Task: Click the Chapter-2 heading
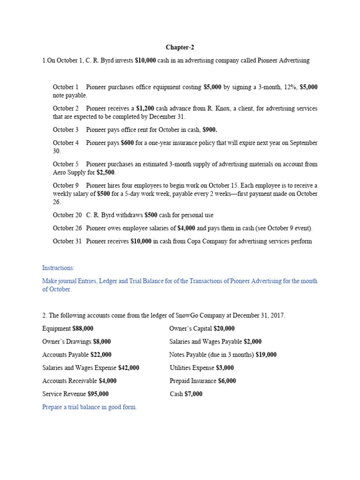pos(180,47)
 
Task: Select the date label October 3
pos(66,129)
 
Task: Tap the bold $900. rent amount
pos(210,129)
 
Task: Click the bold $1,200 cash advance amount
pos(145,108)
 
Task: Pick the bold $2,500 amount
pos(106,172)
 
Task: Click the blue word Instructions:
pos(58,268)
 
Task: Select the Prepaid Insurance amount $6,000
pos(227,381)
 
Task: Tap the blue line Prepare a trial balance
pos(89,407)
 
